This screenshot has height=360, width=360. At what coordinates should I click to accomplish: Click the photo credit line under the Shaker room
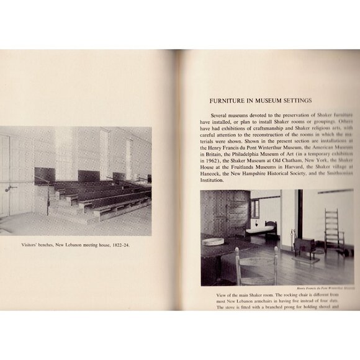325,287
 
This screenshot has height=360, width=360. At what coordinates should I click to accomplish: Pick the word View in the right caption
207,294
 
